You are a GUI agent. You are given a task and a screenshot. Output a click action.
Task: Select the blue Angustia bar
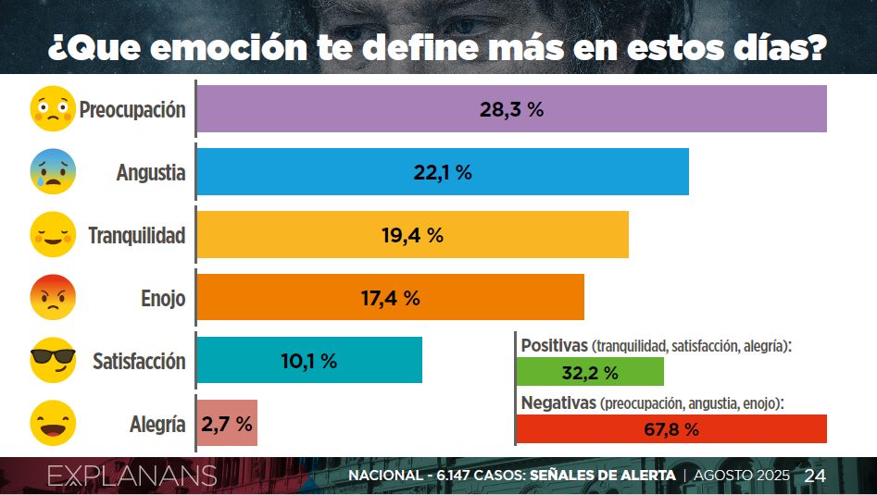coord(443,172)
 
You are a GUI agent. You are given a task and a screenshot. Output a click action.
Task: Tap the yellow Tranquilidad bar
coord(412,235)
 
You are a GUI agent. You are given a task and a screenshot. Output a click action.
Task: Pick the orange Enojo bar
coord(390,298)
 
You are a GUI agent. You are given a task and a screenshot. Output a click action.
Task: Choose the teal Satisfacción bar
coord(309,361)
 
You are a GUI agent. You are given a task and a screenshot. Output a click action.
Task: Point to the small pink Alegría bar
coord(227,424)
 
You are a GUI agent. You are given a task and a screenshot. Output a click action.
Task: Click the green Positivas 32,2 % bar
coord(590,373)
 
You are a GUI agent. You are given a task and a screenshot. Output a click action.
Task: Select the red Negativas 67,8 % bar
coord(670,429)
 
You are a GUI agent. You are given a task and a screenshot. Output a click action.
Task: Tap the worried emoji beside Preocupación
coord(53,109)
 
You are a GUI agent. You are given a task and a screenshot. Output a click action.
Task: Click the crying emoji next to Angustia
coord(53,171)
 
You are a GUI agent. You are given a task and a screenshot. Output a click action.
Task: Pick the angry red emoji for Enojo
coord(53,298)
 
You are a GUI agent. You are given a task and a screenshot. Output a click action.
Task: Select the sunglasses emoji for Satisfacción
coord(53,361)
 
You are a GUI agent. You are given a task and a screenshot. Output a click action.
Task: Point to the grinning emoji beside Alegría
coord(53,424)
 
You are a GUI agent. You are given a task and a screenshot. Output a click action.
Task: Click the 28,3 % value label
coord(511,109)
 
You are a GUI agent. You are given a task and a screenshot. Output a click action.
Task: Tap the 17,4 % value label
coord(390,298)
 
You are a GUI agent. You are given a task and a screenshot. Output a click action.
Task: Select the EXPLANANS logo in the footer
coord(132,476)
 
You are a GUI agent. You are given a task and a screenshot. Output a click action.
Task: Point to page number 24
coord(815,476)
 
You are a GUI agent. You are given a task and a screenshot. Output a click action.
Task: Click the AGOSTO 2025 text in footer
coord(741,476)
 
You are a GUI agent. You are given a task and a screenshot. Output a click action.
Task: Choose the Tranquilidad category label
coord(137,236)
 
